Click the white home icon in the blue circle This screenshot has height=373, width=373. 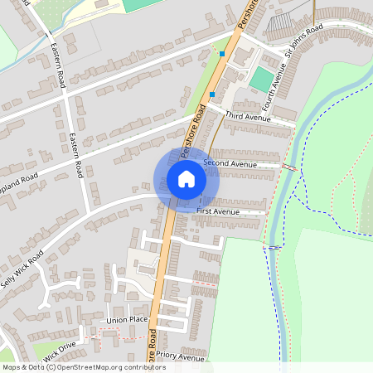click(x=186, y=179)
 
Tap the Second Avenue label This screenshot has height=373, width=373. click(x=230, y=164)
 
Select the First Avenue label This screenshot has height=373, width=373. click(x=217, y=212)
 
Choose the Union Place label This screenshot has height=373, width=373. click(x=127, y=319)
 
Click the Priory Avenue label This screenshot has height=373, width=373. click(x=180, y=358)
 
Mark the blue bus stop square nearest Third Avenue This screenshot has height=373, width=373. click(x=212, y=94)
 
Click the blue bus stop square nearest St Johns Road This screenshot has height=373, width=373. click(x=222, y=54)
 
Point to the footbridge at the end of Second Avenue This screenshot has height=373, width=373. click(x=289, y=167)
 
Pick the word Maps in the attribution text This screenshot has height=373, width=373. click(x=12, y=367)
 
